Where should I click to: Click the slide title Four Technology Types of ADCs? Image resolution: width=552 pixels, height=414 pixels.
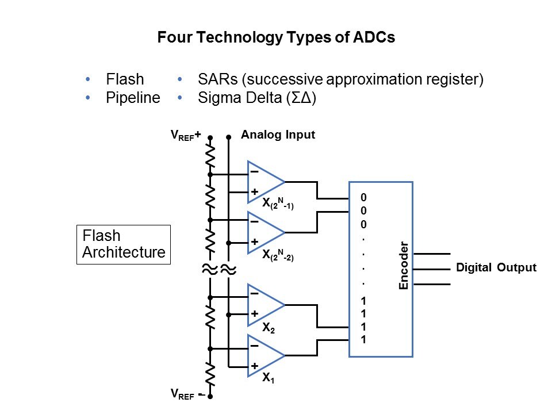coord(276,39)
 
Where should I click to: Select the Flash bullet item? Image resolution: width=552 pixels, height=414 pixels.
coord(125,79)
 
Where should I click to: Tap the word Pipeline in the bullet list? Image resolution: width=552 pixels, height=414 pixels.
coord(133,98)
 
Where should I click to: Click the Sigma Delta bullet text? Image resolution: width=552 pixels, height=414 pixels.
coord(257,98)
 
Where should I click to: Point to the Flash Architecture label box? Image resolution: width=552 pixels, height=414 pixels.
coord(124,244)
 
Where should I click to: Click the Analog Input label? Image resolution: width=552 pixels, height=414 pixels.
coord(278,136)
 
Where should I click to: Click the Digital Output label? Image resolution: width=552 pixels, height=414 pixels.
coord(496,267)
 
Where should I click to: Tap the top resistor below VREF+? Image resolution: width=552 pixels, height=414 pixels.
coord(210,155)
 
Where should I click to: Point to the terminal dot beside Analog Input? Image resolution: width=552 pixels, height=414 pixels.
coord(229,137)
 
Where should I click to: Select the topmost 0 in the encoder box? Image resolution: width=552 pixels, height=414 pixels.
coord(363,198)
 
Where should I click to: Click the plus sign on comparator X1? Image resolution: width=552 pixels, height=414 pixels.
coord(254,366)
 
